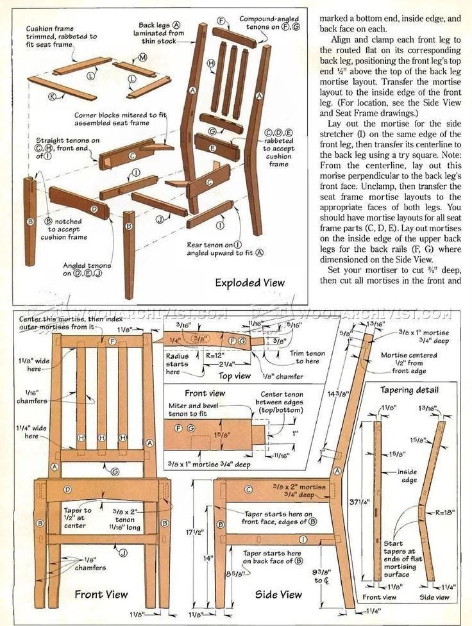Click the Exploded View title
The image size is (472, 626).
249,283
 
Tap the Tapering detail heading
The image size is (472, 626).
410,390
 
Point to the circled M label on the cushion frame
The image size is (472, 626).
142,58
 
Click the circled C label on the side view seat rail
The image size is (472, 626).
247,490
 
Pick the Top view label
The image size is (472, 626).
234,376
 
